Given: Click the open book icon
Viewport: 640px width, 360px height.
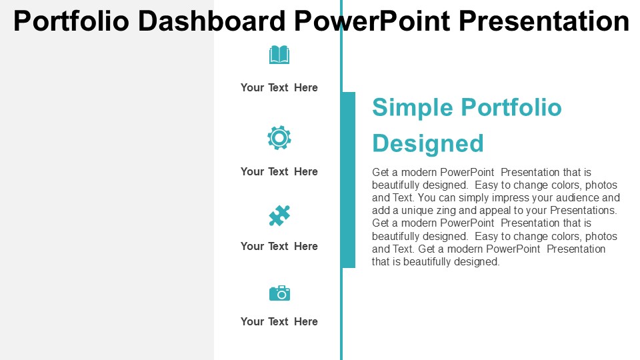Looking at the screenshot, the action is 279,55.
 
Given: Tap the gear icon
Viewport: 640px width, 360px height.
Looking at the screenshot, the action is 279,138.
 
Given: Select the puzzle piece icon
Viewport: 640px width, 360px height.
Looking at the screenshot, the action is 279,215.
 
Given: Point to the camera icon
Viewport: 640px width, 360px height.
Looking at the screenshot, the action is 279,293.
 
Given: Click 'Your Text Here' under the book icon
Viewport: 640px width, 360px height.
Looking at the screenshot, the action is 279,87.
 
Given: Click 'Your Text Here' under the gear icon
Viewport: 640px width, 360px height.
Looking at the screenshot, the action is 279,171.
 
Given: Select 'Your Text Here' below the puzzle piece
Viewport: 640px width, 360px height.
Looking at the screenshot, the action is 279,246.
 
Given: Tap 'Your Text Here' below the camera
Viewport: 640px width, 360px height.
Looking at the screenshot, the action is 279,321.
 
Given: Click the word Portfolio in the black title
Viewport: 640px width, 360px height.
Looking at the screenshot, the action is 71,21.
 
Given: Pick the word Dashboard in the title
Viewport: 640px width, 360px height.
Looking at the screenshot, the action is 211,21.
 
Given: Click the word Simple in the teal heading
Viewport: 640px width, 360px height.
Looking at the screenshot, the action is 412,108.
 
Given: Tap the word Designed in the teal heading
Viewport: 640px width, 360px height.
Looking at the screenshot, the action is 428,144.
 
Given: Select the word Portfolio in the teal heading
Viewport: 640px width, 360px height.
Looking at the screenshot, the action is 511,107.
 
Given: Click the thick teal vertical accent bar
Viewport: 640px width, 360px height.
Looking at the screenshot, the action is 348,180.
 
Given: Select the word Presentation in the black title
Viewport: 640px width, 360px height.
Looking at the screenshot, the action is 544,21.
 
